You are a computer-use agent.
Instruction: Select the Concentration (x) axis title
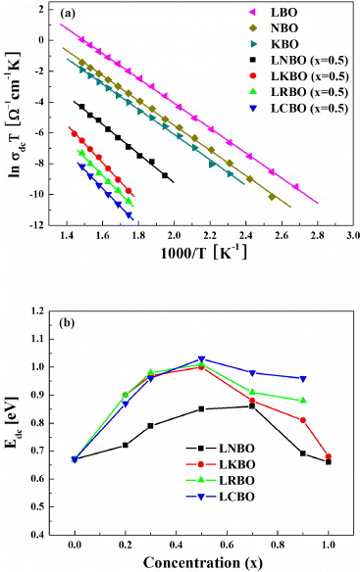click(200, 562)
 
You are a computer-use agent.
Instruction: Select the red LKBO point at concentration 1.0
click(328, 456)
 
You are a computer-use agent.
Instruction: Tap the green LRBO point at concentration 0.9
click(302, 401)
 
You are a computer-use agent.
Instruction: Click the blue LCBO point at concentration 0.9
click(302, 378)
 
